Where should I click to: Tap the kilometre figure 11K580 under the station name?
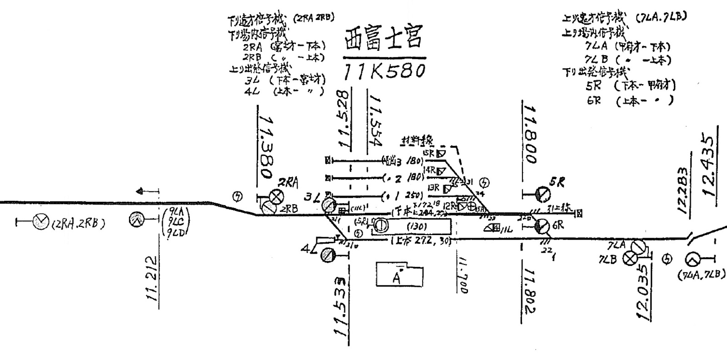[x=384, y=70]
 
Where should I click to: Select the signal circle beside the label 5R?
[x=542, y=194]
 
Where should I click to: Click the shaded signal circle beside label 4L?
[x=327, y=256]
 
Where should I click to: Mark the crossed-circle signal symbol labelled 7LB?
[x=630, y=259]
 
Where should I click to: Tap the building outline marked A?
[x=399, y=274]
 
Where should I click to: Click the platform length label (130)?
[x=417, y=226]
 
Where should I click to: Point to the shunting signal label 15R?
[x=428, y=153]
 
